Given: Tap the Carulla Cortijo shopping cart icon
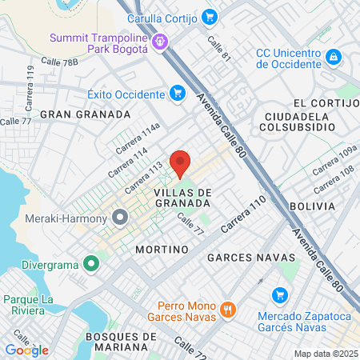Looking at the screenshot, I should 210,16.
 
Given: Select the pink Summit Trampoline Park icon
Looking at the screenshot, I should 160,39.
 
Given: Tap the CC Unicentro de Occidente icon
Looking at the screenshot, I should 334,57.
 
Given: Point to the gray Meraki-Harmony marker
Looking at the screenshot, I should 121,217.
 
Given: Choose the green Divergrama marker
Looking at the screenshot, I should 91,262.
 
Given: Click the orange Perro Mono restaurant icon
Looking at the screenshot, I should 228,308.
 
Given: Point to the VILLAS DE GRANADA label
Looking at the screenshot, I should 182,198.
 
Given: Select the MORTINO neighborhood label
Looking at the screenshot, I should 162,249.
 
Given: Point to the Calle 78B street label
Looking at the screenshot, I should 60,62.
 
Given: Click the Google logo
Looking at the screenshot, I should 26,350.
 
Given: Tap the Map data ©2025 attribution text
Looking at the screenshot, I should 325,354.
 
